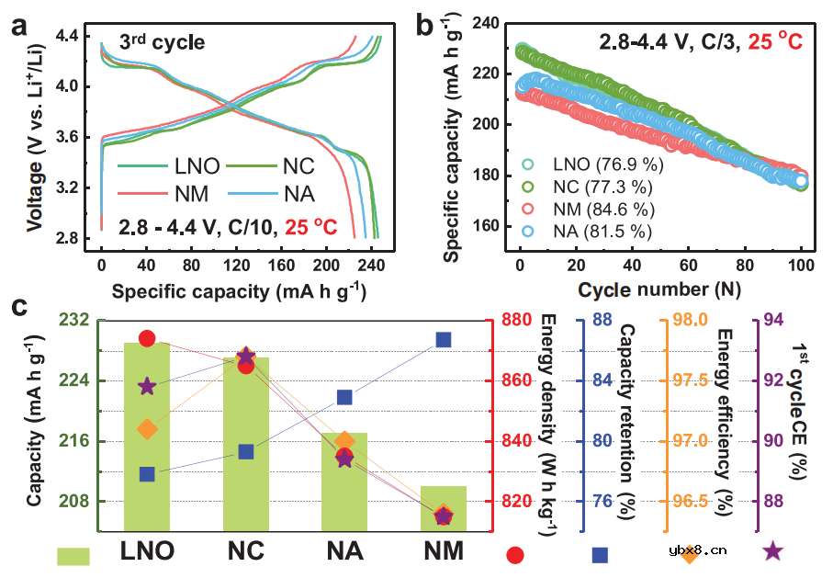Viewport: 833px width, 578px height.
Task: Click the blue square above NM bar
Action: [x=444, y=340]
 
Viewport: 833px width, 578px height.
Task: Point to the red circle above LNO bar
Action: [x=147, y=339]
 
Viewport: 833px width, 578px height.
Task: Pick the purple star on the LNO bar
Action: [x=147, y=387]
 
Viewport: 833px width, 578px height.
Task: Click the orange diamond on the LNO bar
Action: [x=147, y=429]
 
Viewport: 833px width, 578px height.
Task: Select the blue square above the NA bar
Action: [x=344, y=397]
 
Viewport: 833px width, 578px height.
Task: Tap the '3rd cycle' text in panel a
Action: [x=162, y=42]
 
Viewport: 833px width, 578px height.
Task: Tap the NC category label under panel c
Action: [x=245, y=551]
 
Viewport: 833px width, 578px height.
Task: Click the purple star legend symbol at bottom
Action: [x=773, y=551]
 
